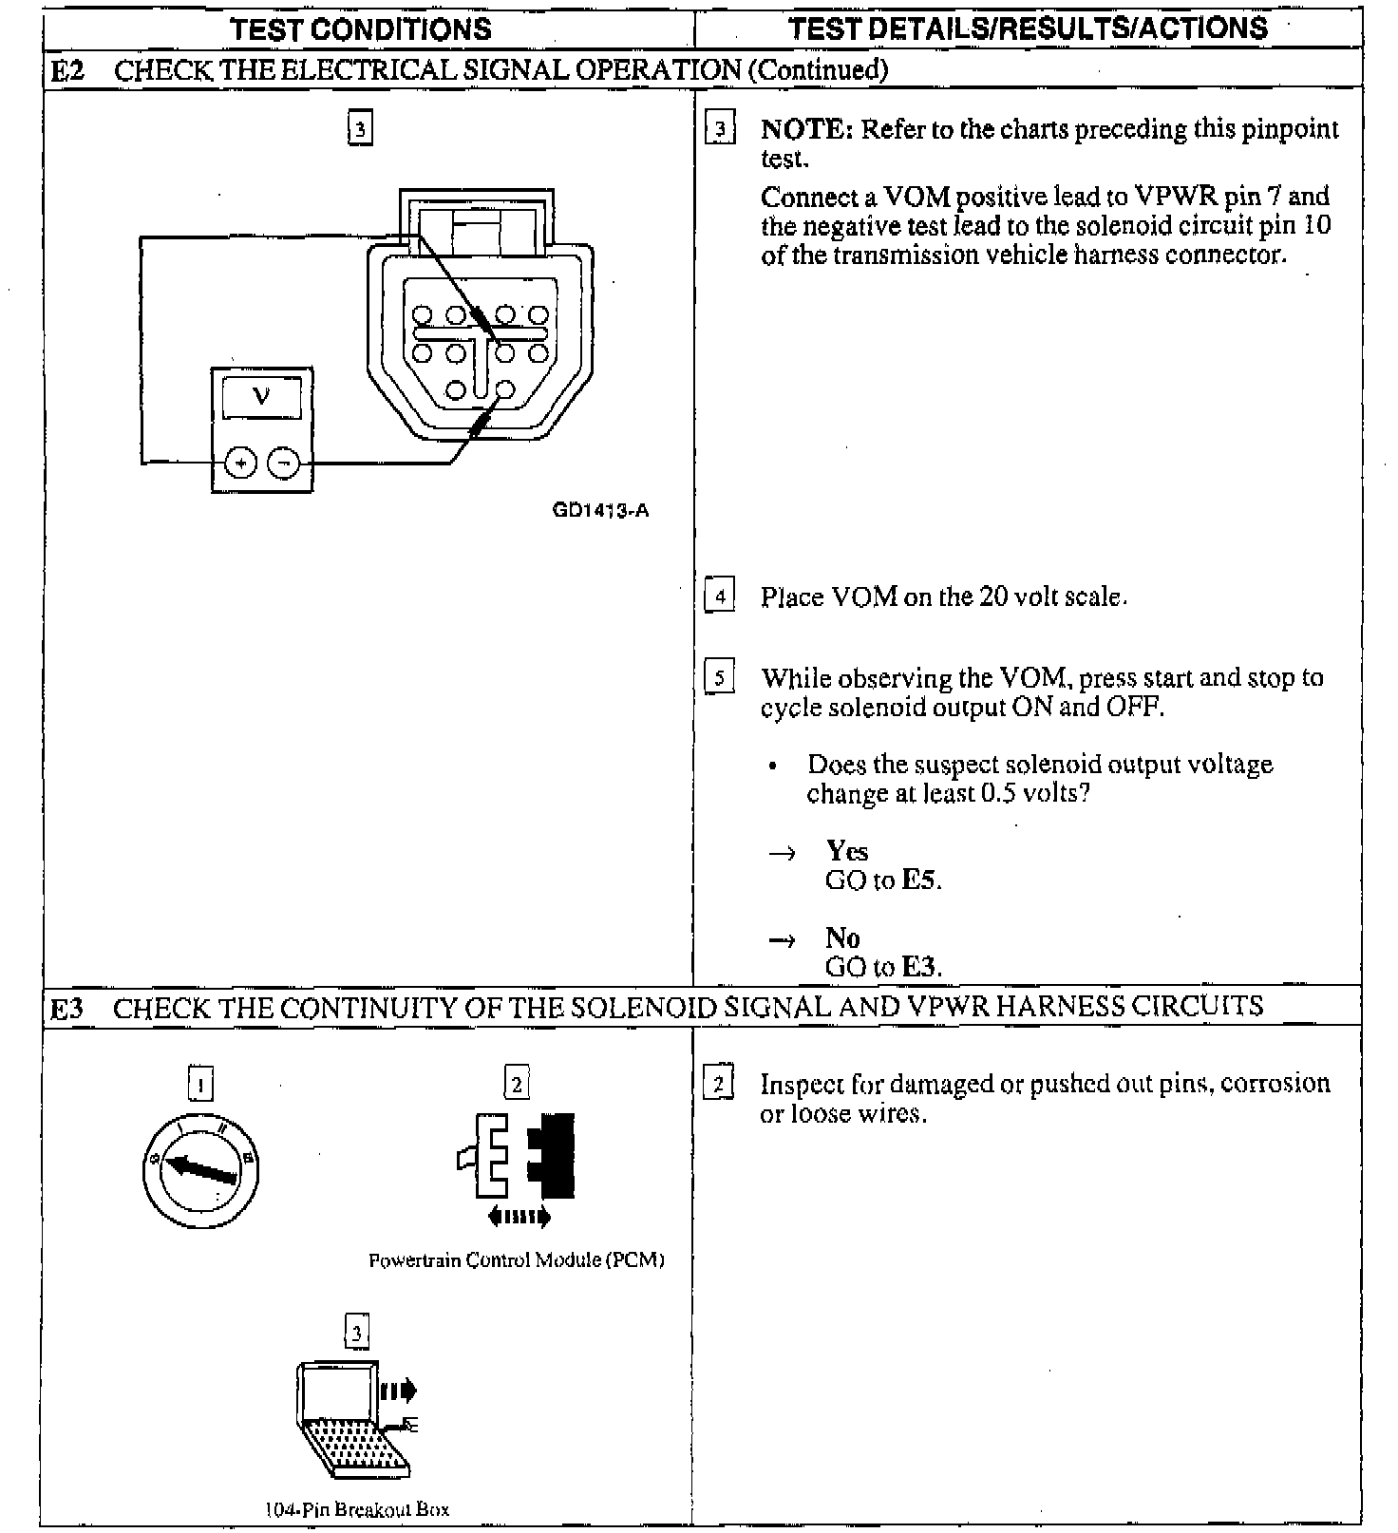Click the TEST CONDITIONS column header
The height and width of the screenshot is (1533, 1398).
(361, 29)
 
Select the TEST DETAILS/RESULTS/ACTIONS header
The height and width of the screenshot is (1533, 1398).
(1028, 28)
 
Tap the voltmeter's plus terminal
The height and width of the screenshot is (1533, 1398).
(241, 464)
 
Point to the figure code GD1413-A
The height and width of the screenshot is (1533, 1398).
(600, 511)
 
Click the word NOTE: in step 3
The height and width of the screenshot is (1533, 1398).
(806, 129)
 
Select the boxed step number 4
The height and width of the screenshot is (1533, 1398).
(719, 596)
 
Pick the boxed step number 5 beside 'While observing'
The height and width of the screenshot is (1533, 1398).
(719, 678)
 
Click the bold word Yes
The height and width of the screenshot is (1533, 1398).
(846, 850)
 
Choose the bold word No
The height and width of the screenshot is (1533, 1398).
(841, 937)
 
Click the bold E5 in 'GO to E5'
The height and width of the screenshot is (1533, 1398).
(919, 880)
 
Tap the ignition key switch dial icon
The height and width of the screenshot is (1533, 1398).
(200, 1166)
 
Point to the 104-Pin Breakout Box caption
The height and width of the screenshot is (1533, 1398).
(356, 1509)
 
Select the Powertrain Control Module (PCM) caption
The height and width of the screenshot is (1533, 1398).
(516, 1260)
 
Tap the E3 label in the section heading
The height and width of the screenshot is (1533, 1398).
(66, 1008)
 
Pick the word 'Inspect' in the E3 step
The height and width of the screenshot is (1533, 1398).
(802, 1085)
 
